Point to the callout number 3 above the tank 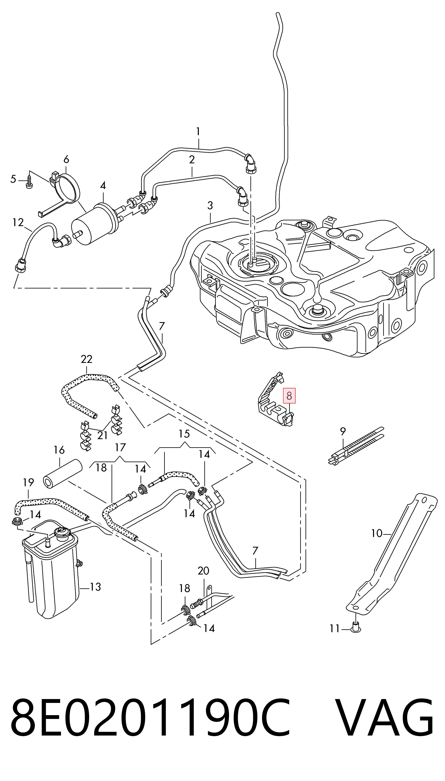point(210,205)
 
